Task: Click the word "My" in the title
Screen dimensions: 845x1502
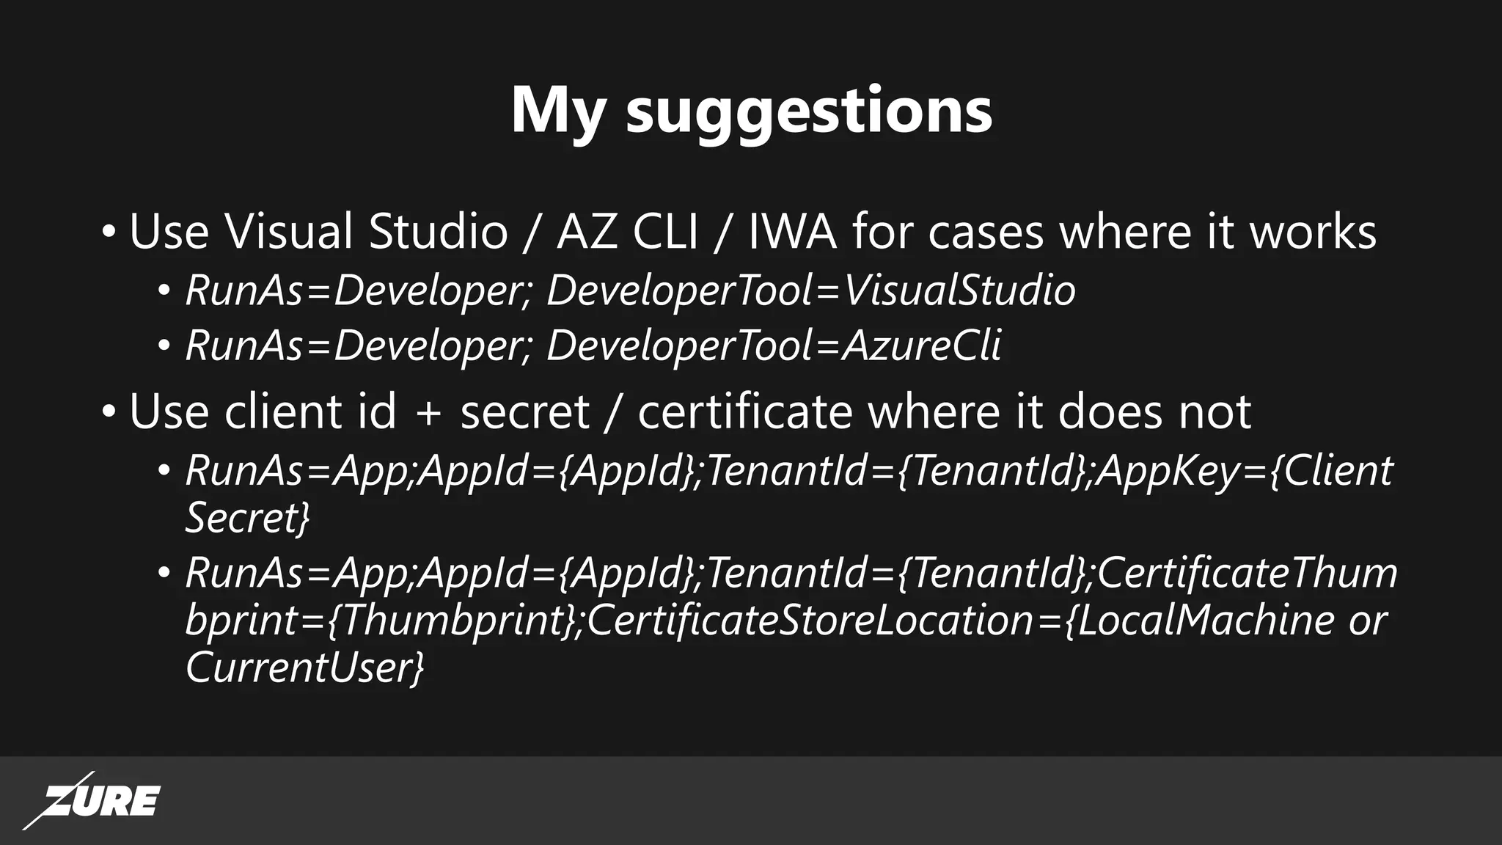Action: [558, 111]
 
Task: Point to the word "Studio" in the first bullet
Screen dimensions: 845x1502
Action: [438, 231]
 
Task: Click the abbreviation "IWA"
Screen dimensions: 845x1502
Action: [791, 231]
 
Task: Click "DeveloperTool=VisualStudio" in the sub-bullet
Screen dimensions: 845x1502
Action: [810, 290]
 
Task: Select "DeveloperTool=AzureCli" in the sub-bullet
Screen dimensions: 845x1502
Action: [773, 345]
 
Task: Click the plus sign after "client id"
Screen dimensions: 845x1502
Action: [428, 413]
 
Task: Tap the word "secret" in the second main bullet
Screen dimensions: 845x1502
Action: [524, 411]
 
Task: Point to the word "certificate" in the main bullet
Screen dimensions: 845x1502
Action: [744, 411]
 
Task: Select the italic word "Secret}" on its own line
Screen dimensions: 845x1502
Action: [247, 518]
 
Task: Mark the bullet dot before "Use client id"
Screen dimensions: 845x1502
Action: [109, 411]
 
